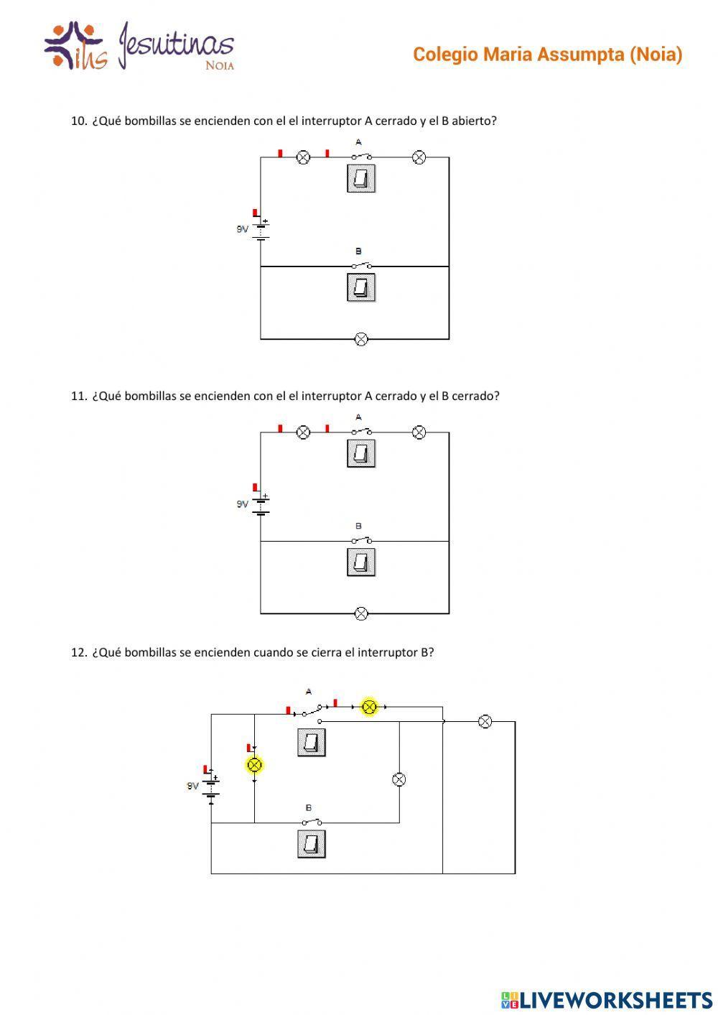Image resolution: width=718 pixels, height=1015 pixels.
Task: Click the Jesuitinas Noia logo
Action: coord(139,46)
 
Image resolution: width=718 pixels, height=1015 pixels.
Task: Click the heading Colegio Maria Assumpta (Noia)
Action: coord(547,55)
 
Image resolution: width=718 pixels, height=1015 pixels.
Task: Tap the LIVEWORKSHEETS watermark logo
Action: coord(607,999)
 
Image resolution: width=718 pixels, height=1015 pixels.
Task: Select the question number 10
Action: coord(78,121)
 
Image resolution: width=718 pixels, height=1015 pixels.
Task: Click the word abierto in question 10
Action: coord(473,121)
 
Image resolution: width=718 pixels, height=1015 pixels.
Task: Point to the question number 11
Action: coord(78,396)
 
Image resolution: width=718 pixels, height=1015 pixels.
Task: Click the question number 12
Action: coord(78,652)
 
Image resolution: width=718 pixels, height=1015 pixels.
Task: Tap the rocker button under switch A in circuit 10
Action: coord(361,178)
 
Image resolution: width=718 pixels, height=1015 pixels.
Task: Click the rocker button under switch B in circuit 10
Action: coord(361,287)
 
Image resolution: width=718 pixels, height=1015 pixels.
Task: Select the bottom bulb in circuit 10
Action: coord(362,339)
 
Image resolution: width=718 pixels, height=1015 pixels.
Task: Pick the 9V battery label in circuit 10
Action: coord(242,229)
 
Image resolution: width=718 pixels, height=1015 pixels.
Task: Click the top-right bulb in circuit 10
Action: coord(419,157)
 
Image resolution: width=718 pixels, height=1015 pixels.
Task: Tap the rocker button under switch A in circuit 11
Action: coord(361,453)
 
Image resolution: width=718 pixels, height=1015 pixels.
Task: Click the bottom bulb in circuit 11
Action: coord(362,613)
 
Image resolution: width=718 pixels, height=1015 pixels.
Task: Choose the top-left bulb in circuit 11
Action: coord(304,432)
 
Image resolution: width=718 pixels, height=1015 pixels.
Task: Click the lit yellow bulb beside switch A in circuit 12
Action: coord(369,707)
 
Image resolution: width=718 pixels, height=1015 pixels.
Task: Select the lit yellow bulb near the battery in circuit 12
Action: coord(254,765)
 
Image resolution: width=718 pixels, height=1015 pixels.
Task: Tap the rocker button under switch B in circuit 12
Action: coord(312,844)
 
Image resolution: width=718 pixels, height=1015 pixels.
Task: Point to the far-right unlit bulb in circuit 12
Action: coord(485,721)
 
